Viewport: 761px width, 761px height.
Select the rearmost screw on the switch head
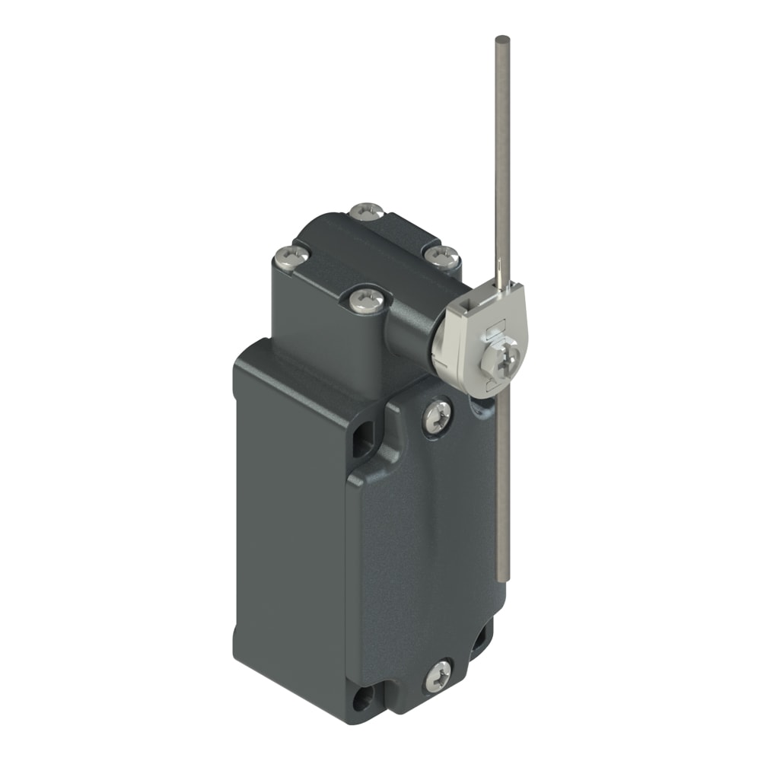[x=367, y=212]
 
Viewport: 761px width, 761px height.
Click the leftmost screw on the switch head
[x=291, y=256]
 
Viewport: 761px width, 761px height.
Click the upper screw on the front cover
[x=437, y=417]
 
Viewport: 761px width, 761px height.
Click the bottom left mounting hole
[x=361, y=696]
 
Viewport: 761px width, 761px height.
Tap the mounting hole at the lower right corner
[x=481, y=643]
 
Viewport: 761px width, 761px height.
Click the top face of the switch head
[x=365, y=251]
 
